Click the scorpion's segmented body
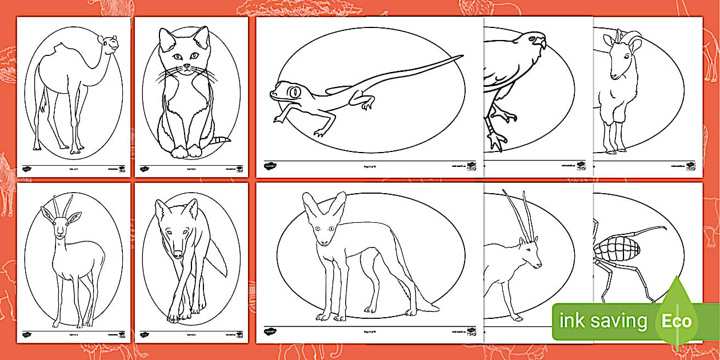[610, 250]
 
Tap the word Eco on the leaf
[677, 321]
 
